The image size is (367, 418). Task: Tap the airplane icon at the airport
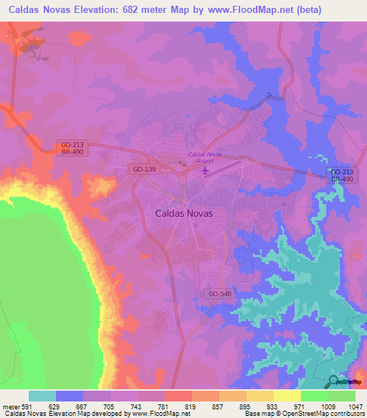206,172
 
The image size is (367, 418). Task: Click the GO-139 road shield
146,169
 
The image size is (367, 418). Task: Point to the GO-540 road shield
219,294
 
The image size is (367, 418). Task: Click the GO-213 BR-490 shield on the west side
72,147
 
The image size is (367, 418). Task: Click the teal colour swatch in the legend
42,396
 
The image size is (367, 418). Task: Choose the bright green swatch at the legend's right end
341,396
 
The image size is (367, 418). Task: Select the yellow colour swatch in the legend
287,396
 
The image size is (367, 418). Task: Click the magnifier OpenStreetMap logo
334,381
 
